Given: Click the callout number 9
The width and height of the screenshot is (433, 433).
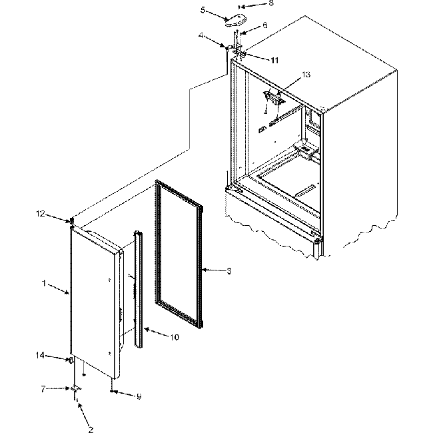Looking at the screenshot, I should click(x=139, y=397).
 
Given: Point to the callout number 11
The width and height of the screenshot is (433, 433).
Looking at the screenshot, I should click(x=274, y=60).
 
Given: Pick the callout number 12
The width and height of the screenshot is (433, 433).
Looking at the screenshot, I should click(x=40, y=213).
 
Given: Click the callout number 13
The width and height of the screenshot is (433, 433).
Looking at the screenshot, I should click(x=306, y=75).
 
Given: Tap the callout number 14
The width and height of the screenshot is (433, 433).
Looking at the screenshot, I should click(x=40, y=356).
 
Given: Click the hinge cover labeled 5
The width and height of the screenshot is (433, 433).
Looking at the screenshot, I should click(x=234, y=21).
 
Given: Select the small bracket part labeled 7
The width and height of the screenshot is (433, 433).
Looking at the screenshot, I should click(x=77, y=388).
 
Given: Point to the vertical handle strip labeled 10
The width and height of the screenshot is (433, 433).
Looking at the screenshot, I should click(x=139, y=286).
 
